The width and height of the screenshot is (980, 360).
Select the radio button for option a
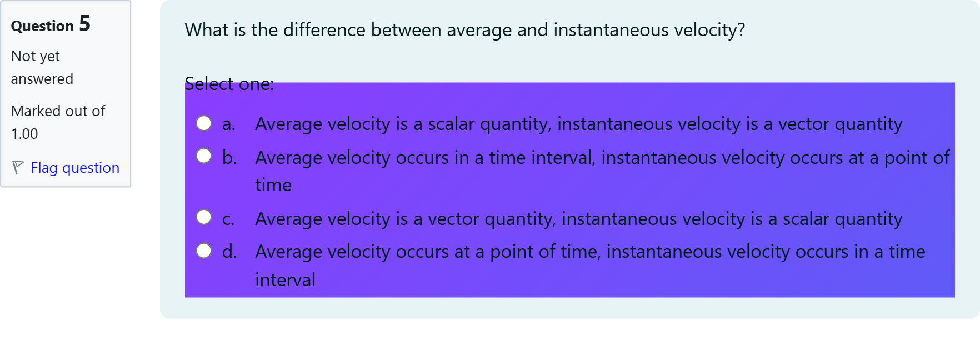pos(204,123)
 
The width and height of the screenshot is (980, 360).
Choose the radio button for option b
pos(204,156)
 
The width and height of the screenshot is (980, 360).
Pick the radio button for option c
pos(204,217)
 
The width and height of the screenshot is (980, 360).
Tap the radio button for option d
pos(204,251)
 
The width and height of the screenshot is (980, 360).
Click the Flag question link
pos(75,168)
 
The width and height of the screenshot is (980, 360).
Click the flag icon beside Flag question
pos(18,167)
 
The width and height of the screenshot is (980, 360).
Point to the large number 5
pos(84,24)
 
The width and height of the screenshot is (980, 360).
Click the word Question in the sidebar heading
pos(42,26)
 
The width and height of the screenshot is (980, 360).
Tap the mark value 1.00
pos(24,134)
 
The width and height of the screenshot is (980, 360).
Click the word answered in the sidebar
pos(42,79)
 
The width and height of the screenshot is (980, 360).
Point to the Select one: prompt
pos(229,84)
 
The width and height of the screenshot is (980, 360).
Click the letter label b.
pos(229,158)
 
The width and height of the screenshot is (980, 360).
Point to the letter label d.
pos(229,252)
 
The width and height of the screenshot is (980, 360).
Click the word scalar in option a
pos(451,124)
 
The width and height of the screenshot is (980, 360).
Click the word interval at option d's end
pos(285,279)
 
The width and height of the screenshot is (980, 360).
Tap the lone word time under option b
pos(273,185)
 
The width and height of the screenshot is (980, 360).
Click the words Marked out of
pos(58,111)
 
